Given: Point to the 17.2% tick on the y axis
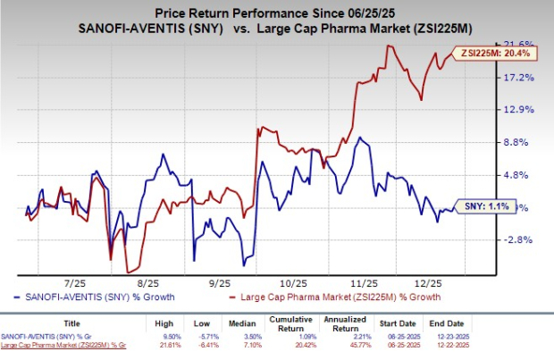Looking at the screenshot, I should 520,77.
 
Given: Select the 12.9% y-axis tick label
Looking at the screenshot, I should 520,110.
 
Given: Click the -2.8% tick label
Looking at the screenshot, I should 520,239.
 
